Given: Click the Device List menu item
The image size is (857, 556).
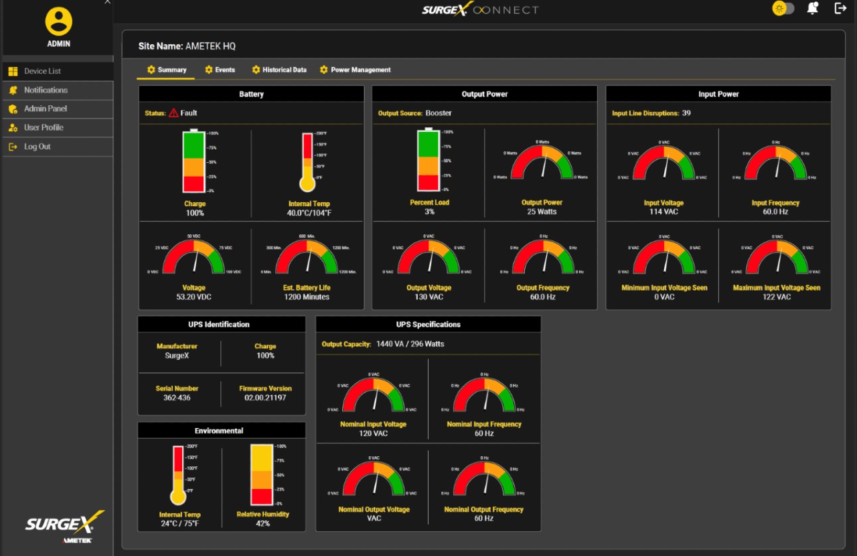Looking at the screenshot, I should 42,71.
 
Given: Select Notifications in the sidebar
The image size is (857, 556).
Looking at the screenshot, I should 46,90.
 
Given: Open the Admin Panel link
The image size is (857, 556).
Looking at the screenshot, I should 45,109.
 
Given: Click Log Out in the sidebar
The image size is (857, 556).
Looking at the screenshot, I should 37,147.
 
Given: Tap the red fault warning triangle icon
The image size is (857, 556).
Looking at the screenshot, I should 173,113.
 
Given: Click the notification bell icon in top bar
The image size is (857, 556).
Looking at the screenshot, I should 812,9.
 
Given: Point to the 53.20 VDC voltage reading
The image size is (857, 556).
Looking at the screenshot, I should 194,297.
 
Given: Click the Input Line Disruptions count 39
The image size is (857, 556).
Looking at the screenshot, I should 686,113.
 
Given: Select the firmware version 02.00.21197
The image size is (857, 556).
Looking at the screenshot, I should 265,398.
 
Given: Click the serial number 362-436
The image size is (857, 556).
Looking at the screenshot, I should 177,398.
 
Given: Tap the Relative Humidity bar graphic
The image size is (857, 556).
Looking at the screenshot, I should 262,474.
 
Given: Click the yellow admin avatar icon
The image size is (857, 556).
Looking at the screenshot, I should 58,21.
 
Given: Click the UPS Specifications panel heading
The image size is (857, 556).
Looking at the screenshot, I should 428,324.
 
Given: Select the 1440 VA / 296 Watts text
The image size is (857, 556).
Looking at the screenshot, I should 410,344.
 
